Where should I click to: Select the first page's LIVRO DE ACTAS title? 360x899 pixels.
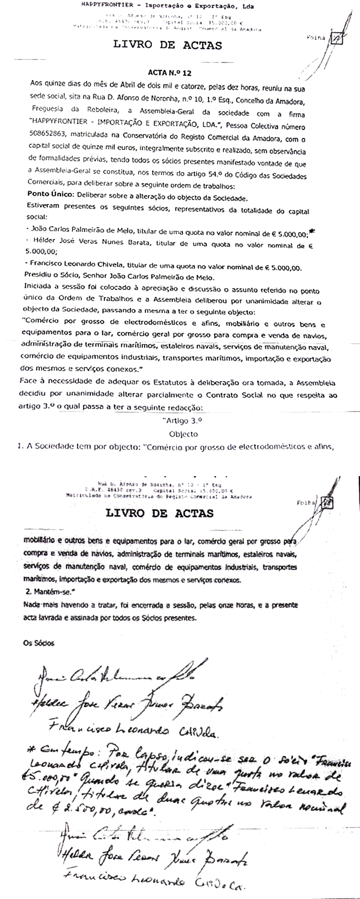(168, 45)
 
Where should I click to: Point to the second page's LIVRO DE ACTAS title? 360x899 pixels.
(159, 513)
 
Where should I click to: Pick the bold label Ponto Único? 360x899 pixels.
(51, 194)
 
